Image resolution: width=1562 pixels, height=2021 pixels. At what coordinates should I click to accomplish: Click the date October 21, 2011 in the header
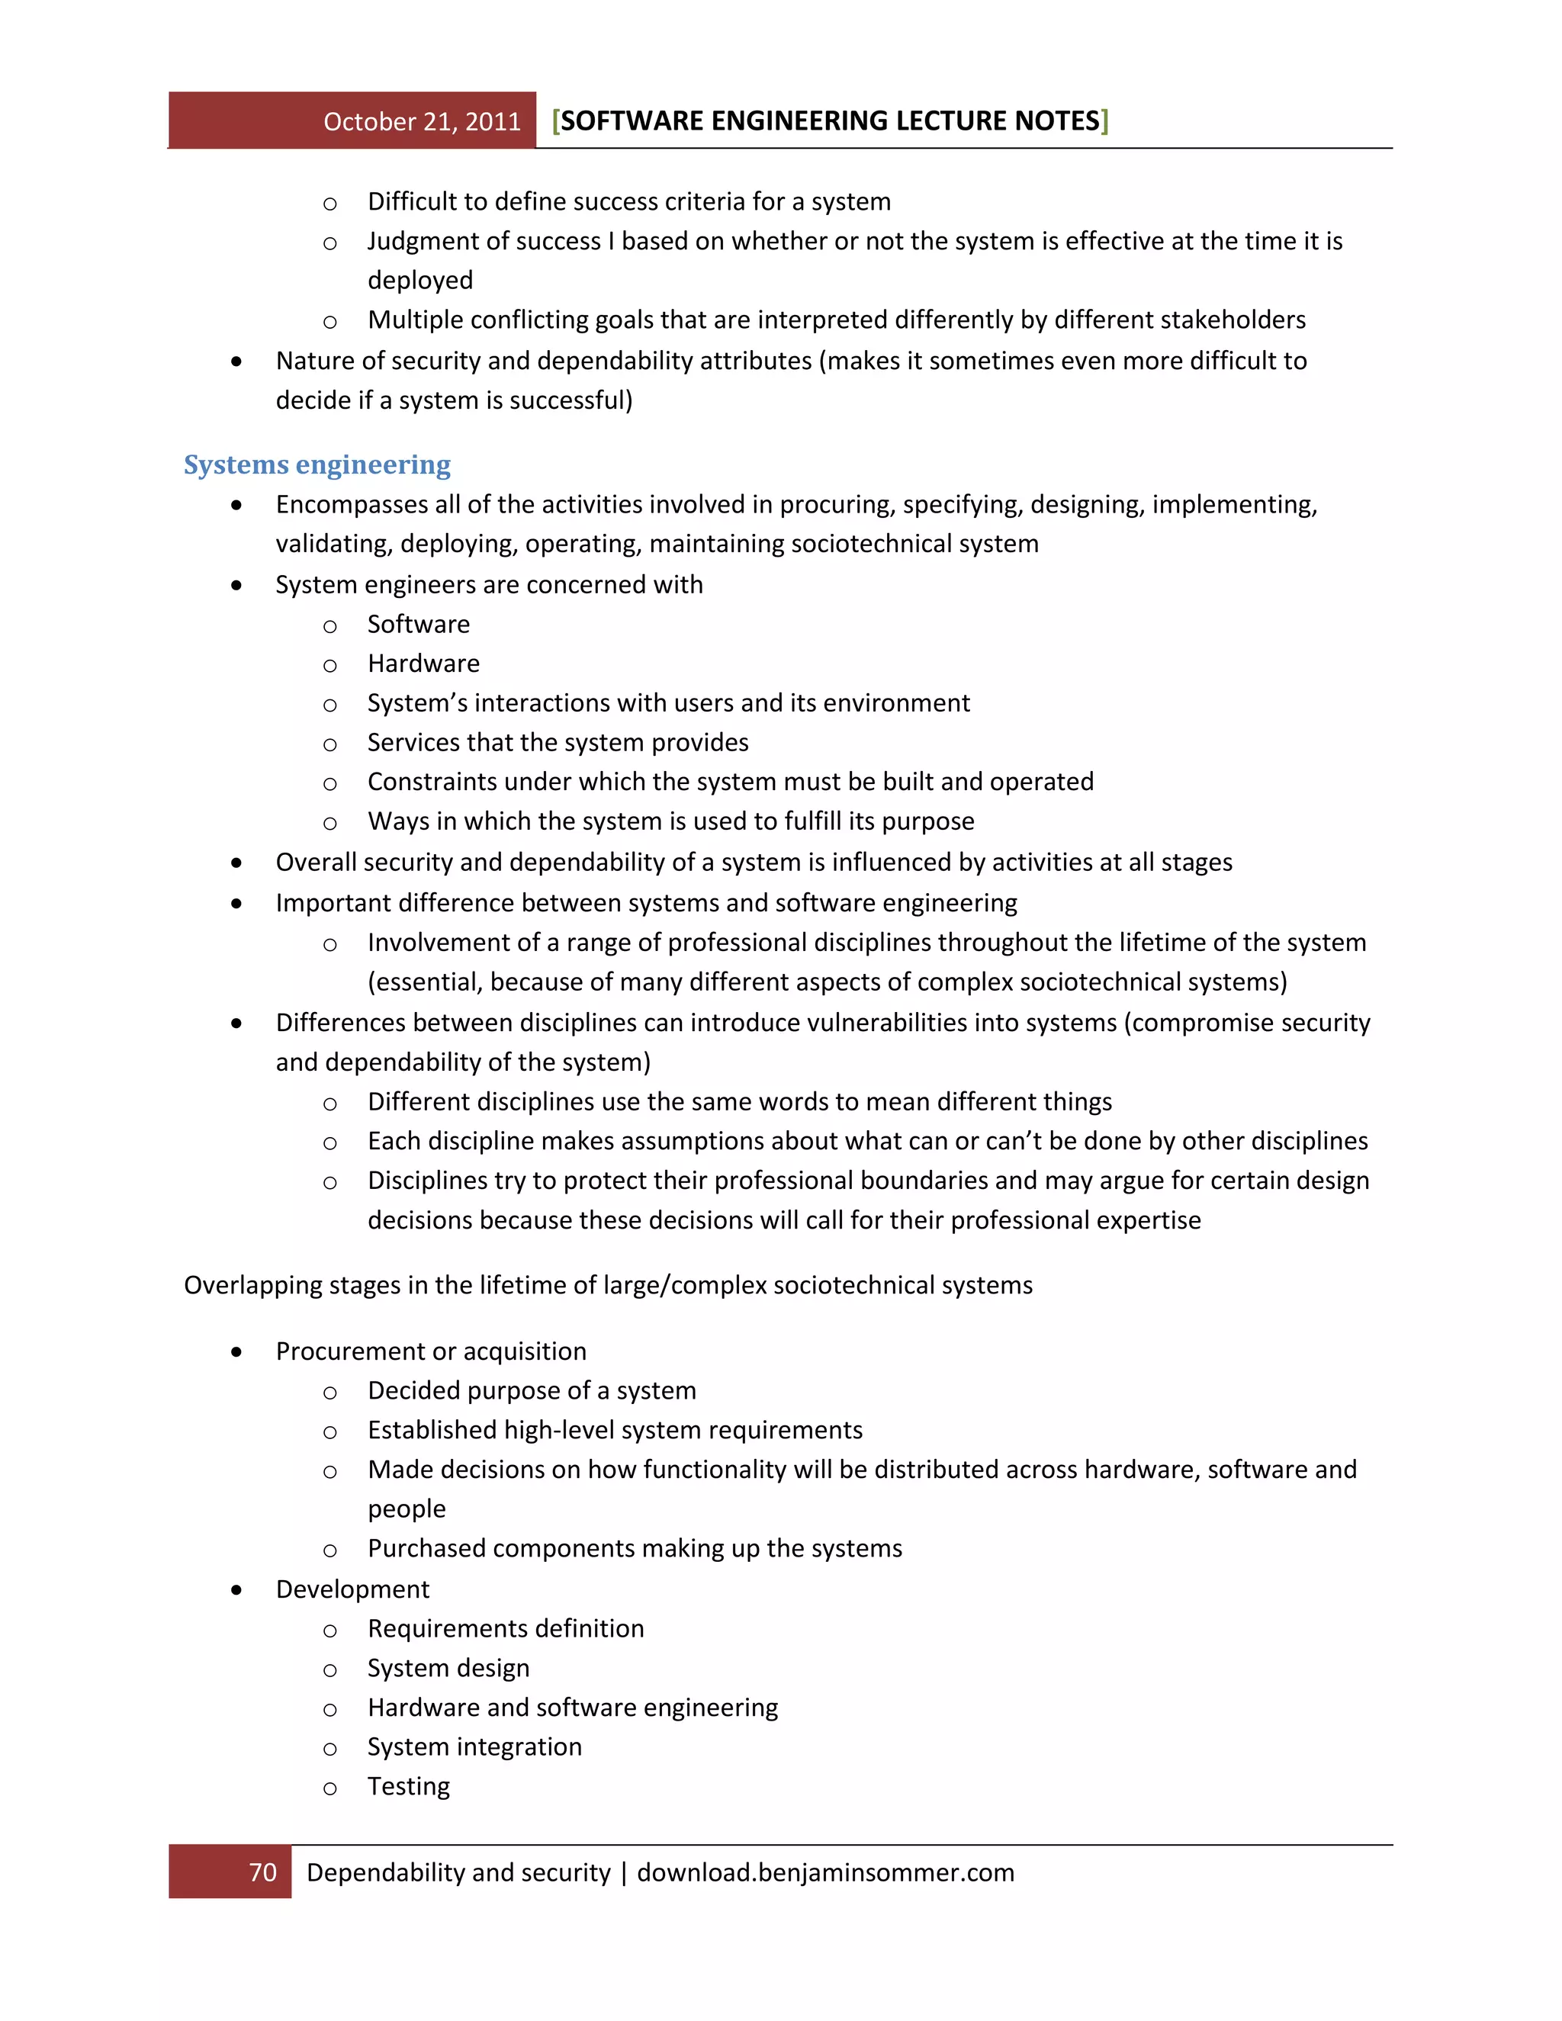422,122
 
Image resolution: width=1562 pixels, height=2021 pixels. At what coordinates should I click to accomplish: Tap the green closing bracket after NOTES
1105,121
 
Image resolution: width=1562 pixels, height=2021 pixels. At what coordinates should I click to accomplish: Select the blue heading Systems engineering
317,464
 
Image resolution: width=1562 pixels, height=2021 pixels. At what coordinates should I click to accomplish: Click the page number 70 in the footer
263,1872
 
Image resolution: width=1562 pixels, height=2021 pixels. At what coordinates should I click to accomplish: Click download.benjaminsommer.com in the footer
825,1872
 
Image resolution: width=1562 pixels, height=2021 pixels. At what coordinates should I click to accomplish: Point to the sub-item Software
418,624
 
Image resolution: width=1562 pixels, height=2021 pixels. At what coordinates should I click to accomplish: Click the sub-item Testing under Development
408,1786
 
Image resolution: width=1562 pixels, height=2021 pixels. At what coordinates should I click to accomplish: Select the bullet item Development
352,1589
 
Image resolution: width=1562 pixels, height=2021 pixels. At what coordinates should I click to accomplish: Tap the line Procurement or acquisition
430,1351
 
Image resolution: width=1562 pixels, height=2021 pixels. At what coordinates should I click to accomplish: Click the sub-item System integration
474,1746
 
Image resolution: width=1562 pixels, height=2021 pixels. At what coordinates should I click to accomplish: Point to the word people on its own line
407,1509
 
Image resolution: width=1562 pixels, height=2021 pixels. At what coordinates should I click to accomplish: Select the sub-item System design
448,1667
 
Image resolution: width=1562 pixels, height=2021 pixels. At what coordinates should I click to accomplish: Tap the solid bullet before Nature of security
237,361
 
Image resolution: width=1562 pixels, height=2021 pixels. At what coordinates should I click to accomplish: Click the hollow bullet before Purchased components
329,1550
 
